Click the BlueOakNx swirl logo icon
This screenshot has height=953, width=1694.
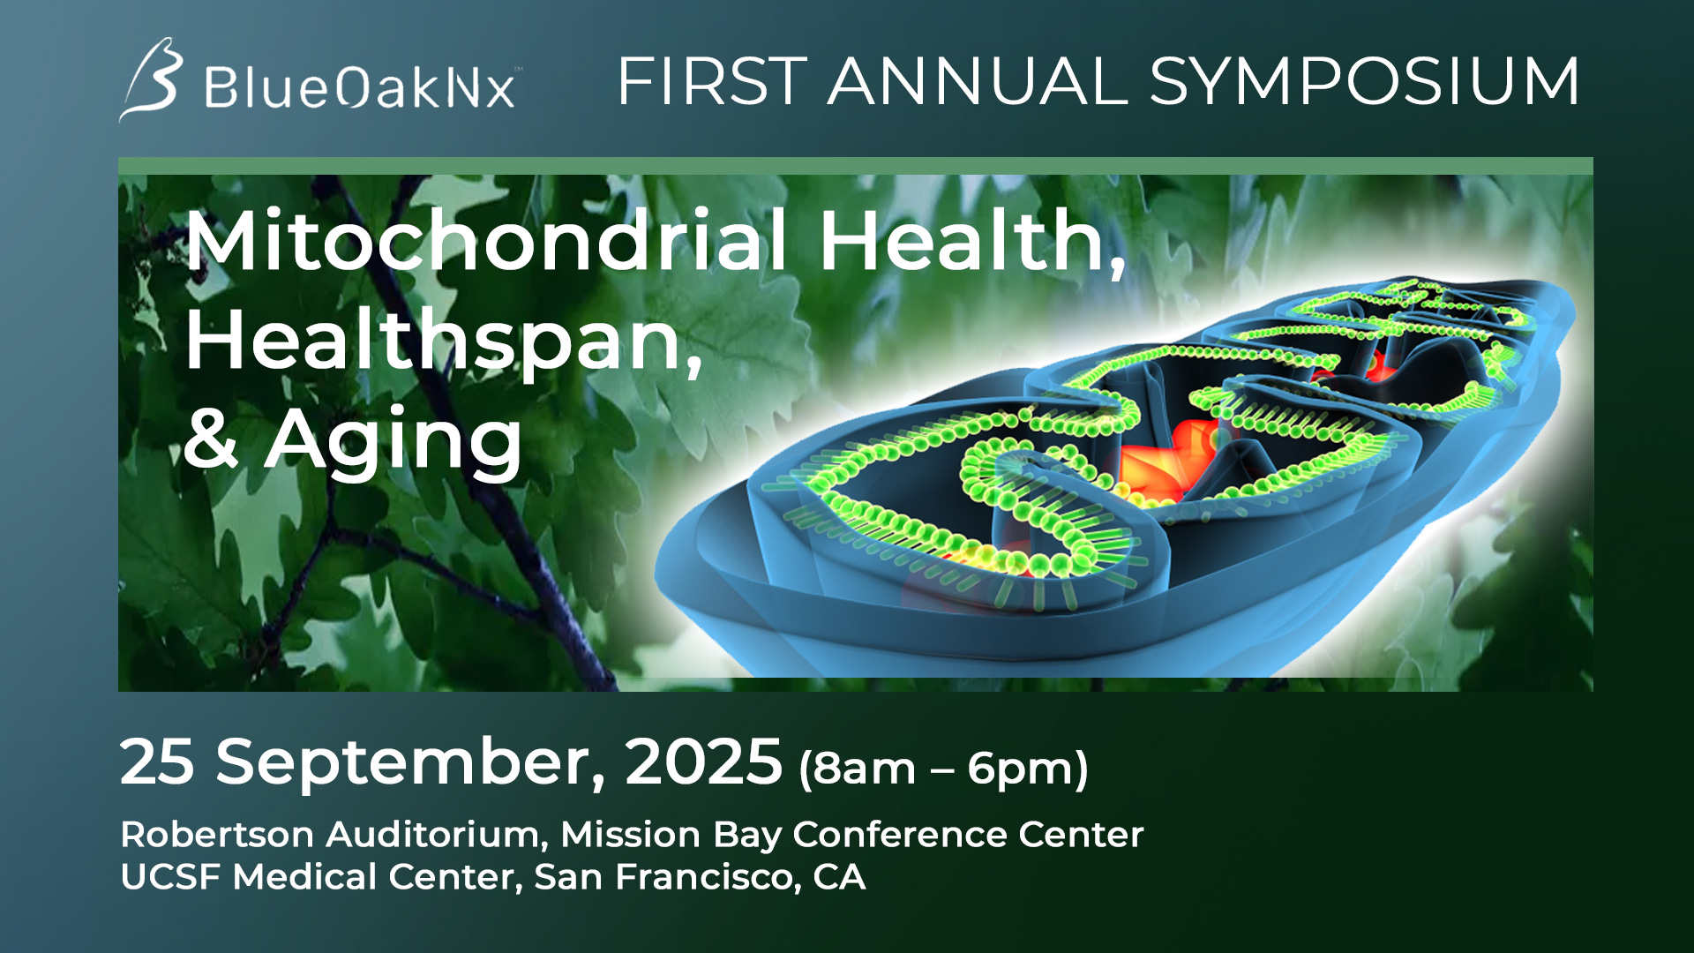coord(152,79)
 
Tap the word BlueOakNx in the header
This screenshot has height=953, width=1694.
coord(360,87)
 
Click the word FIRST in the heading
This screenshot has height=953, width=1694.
coord(712,81)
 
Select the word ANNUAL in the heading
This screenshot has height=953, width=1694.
coord(978,81)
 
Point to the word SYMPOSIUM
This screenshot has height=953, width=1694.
coord(1364,81)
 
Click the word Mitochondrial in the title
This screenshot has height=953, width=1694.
coord(486,240)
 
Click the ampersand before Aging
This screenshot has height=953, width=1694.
coord(212,439)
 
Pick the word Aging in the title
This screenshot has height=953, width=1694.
coord(394,443)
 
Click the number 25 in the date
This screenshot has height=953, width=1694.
coord(157,762)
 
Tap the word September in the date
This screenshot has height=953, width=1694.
coord(411,762)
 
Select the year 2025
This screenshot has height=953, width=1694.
coord(704,762)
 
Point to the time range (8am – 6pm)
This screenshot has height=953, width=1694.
coord(943,769)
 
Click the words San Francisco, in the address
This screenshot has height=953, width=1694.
coord(668,877)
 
